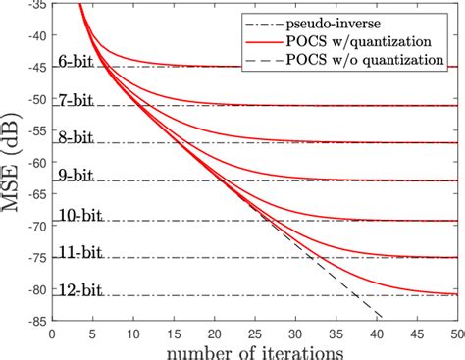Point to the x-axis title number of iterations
(x=255, y=349)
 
